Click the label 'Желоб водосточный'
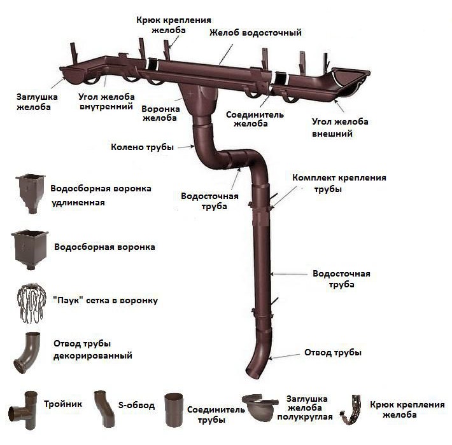tap(255, 32)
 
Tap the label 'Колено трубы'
tap(142, 147)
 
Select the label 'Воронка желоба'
tap(160, 113)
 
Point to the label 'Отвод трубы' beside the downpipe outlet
tap(333, 353)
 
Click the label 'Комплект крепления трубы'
tap(339, 183)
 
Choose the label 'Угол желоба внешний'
tap(340, 128)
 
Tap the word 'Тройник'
tap(63, 404)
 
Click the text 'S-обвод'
tap(136, 406)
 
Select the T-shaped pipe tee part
tap(24, 410)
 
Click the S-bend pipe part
tap(104, 409)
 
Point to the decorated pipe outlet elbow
tap(27, 353)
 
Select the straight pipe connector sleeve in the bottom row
tap(174, 411)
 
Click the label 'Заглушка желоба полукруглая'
tap(305, 407)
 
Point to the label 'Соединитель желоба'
tap(255, 119)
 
